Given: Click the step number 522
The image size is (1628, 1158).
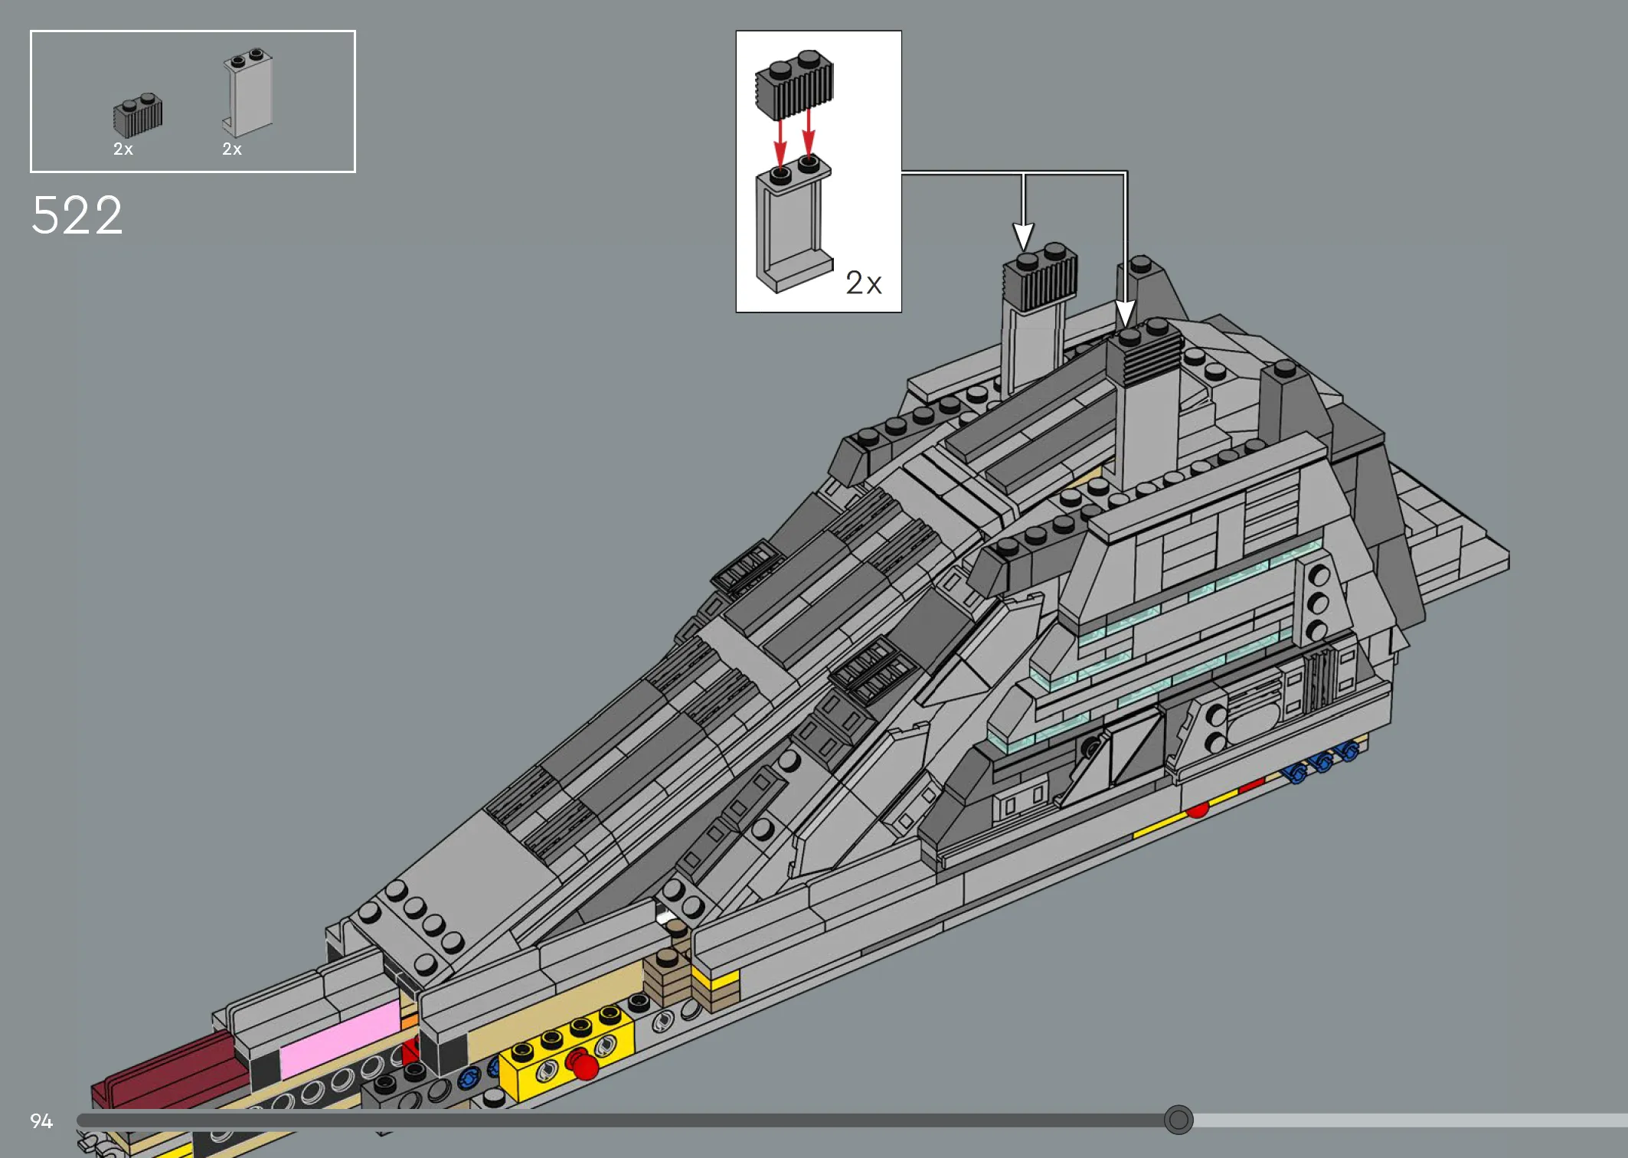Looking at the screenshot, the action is pyautogui.click(x=77, y=215).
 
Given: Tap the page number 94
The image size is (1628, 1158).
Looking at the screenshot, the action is pyautogui.click(x=41, y=1121).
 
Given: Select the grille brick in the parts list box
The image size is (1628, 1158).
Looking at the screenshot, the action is pyautogui.click(x=138, y=116).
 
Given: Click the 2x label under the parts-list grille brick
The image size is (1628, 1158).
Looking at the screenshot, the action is pyautogui.click(x=123, y=149).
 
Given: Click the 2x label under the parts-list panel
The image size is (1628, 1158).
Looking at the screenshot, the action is pyautogui.click(x=232, y=149).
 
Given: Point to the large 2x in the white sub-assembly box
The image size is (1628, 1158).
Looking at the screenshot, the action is pyautogui.click(x=864, y=283).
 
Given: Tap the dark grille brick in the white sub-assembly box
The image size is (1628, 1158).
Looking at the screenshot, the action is pyautogui.click(x=794, y=86).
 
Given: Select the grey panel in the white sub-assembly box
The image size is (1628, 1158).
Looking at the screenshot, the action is pyautogui.click(x=793, y=226).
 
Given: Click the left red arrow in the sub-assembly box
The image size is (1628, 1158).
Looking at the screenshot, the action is pyautogui.click(x=780, y=141).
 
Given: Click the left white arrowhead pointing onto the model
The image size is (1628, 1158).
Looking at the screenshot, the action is pyautogui.click(x=1024, y=236).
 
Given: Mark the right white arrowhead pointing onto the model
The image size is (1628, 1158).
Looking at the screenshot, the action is pyautogui.click(x=1125, y=314).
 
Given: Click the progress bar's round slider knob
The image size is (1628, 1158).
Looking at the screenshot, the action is pyautogui.click(x=1179, y=1120).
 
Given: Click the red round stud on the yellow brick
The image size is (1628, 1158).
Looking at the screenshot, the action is pyautogui.click(x=584, y=1064).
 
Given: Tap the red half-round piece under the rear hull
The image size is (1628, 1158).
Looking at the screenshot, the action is pyautogui.click(x=1198, y=810).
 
